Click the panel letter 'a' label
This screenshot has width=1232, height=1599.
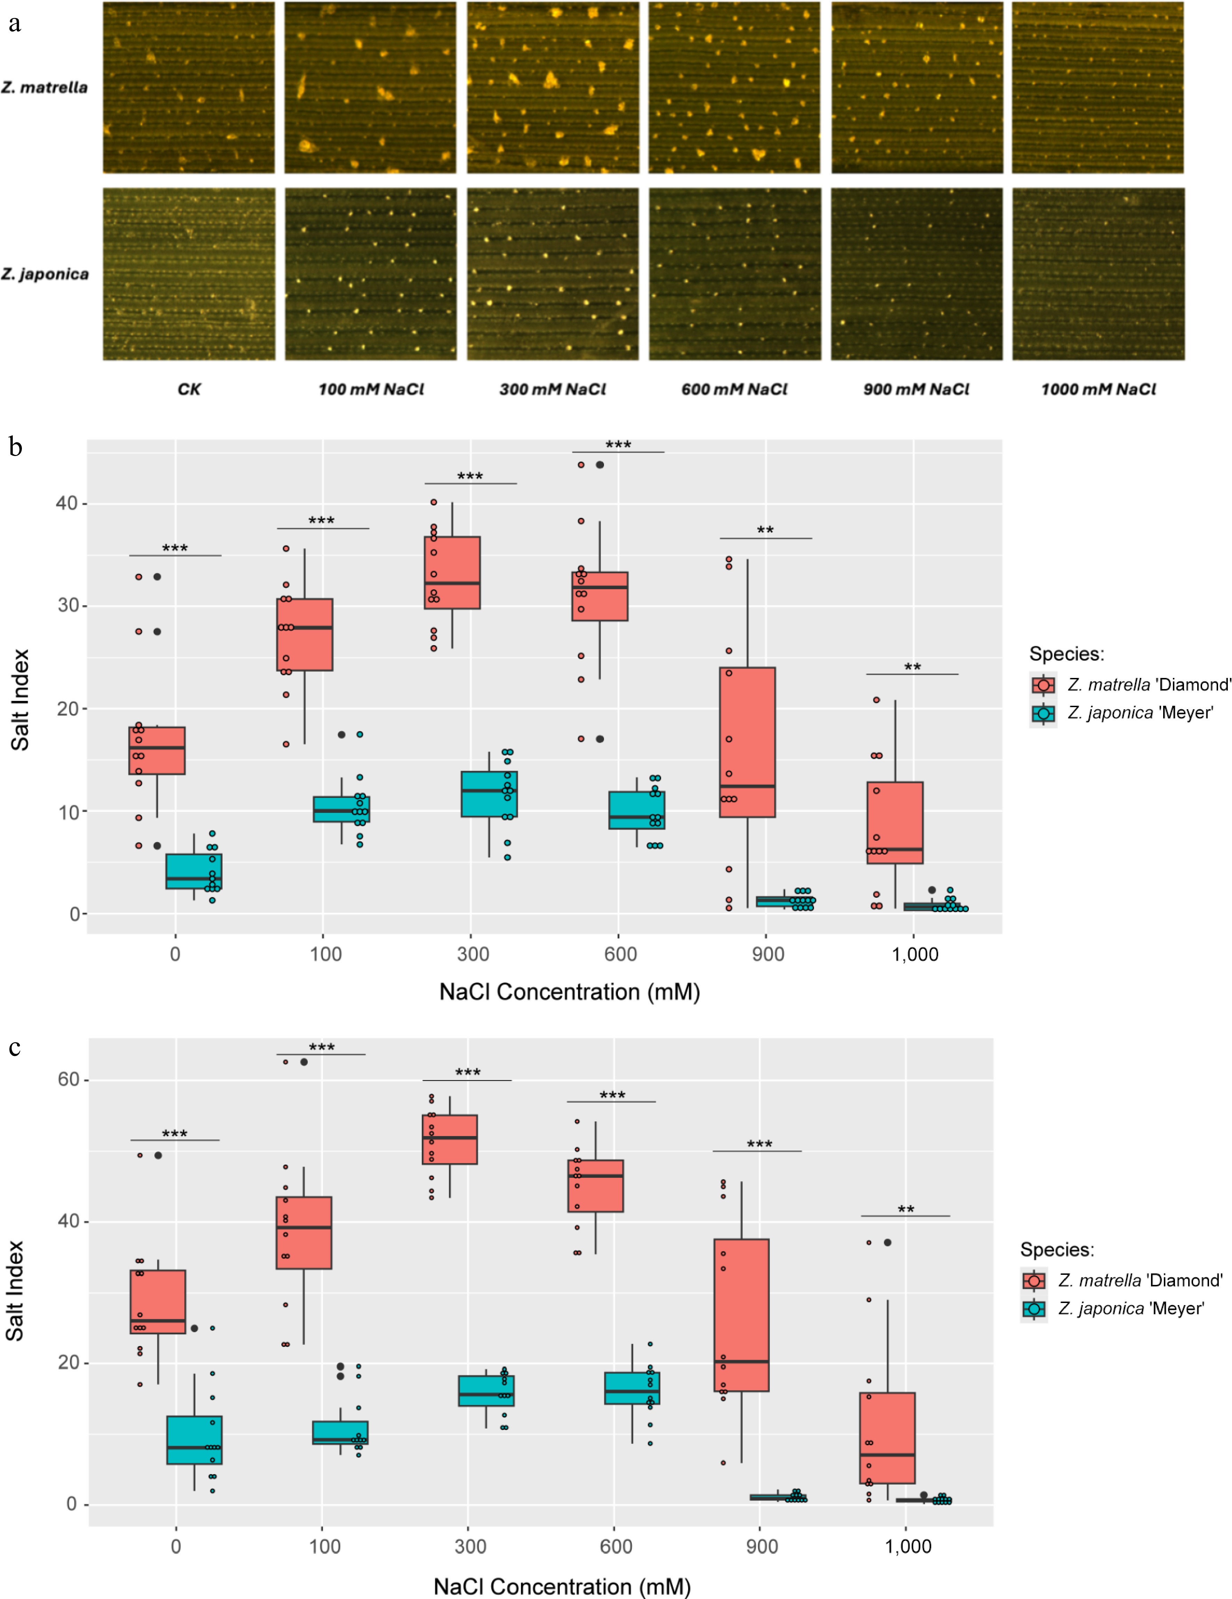pos(14,24)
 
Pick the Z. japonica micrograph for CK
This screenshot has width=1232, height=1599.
pos(189,274)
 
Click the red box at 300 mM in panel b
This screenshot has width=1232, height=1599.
pos(452,573)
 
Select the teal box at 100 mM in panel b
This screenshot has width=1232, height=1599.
pos(341,809)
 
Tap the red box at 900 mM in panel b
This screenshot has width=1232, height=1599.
pos(747,742)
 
